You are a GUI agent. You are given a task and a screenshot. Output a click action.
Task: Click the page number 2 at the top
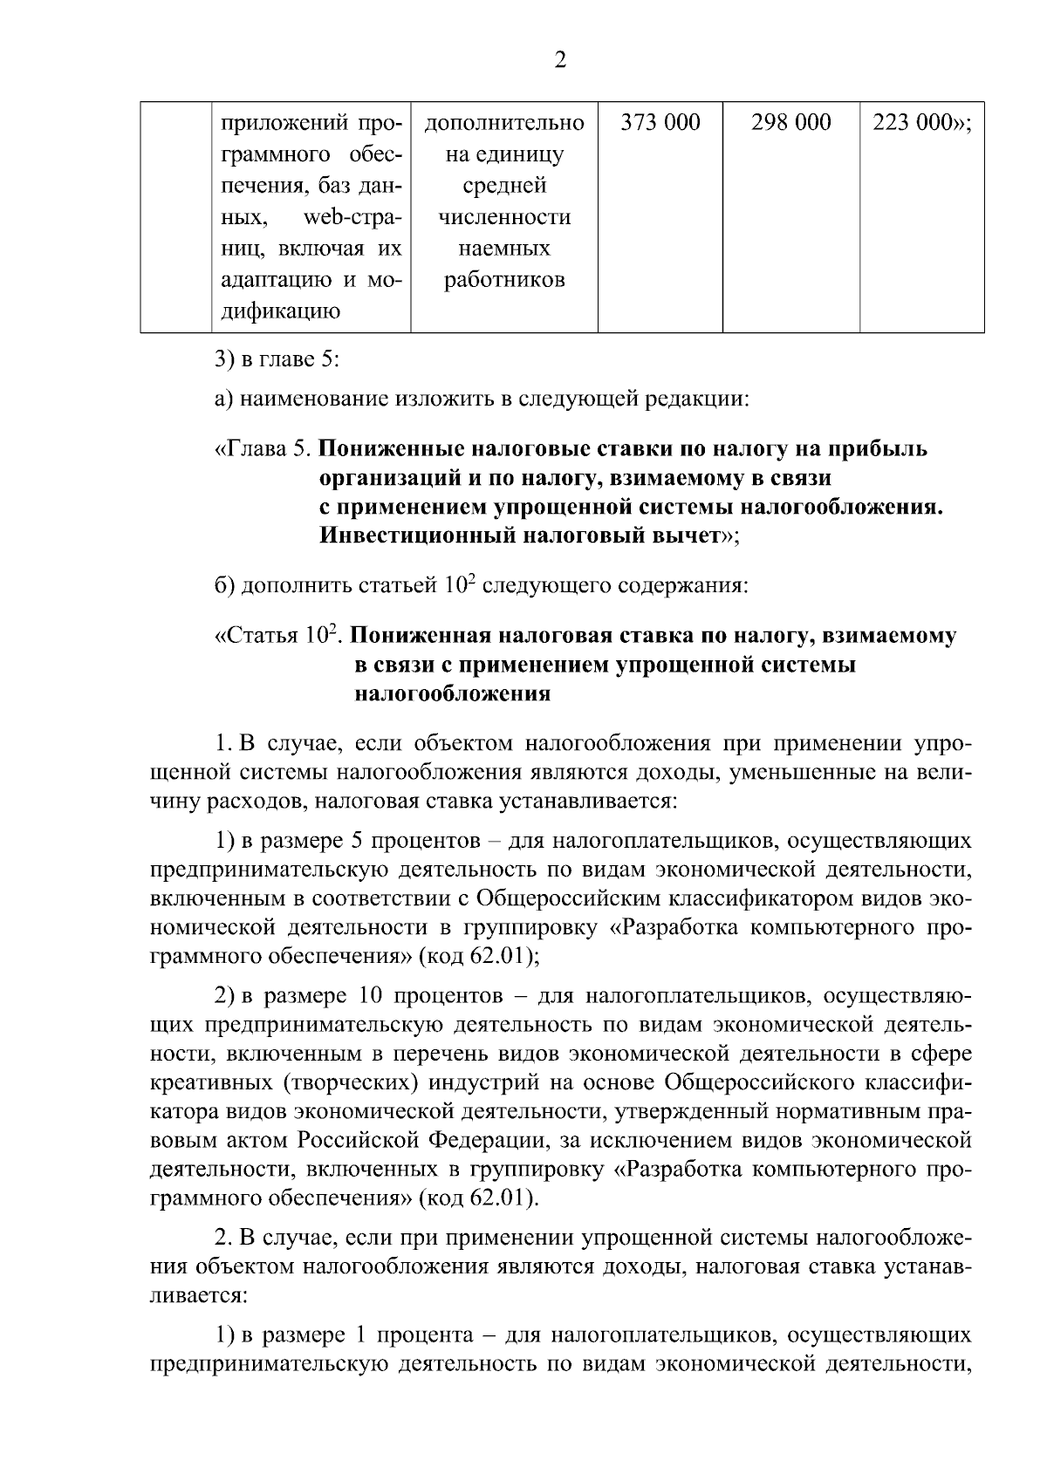coord(559,60)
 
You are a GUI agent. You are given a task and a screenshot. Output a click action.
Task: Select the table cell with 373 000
coord(660,123)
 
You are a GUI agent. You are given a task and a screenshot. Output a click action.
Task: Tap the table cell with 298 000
coord(790,123)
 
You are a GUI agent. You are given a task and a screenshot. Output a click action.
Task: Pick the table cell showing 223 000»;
coord(921,123)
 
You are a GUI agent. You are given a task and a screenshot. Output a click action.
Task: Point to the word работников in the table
coord(504,280)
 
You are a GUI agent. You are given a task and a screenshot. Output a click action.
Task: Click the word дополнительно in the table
coord(504,123)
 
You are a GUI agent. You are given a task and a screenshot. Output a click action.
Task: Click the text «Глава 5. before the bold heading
coord(263,449)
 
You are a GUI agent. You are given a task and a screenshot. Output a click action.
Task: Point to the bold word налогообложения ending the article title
coord(452,694)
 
